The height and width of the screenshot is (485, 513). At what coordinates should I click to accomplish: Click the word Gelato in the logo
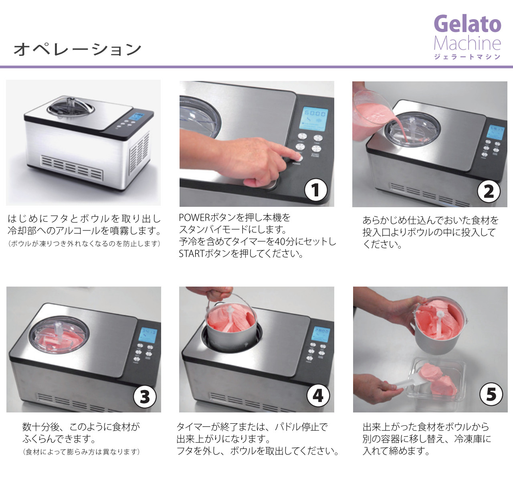[x=467, y=24]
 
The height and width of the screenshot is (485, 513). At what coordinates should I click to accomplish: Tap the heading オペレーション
[x=77, y=50]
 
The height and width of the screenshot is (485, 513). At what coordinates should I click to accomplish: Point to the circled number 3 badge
[x=145, y=396]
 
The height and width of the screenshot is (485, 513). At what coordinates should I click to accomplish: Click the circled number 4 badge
[x=318, y=396]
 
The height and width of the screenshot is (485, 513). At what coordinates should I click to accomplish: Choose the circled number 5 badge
[x=491, y=394]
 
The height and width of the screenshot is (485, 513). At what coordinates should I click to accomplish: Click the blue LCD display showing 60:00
[x=315, y=119]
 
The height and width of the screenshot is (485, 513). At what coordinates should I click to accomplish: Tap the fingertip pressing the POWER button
[x=298, y=157]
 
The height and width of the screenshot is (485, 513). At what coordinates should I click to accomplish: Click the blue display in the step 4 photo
[x=321, y=334]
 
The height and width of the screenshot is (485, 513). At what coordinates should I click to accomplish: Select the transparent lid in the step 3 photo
[x=59, y=335]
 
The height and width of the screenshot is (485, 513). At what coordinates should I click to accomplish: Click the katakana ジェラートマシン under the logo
[x=467, y=57]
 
